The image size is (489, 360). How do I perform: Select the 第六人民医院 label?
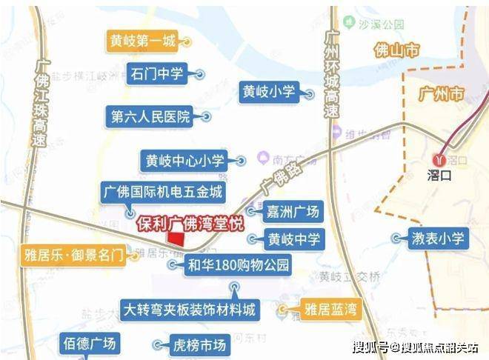coord(150,116)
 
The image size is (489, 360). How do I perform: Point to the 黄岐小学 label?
coord(268,93)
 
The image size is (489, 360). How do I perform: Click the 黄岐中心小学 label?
coord(186,159)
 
